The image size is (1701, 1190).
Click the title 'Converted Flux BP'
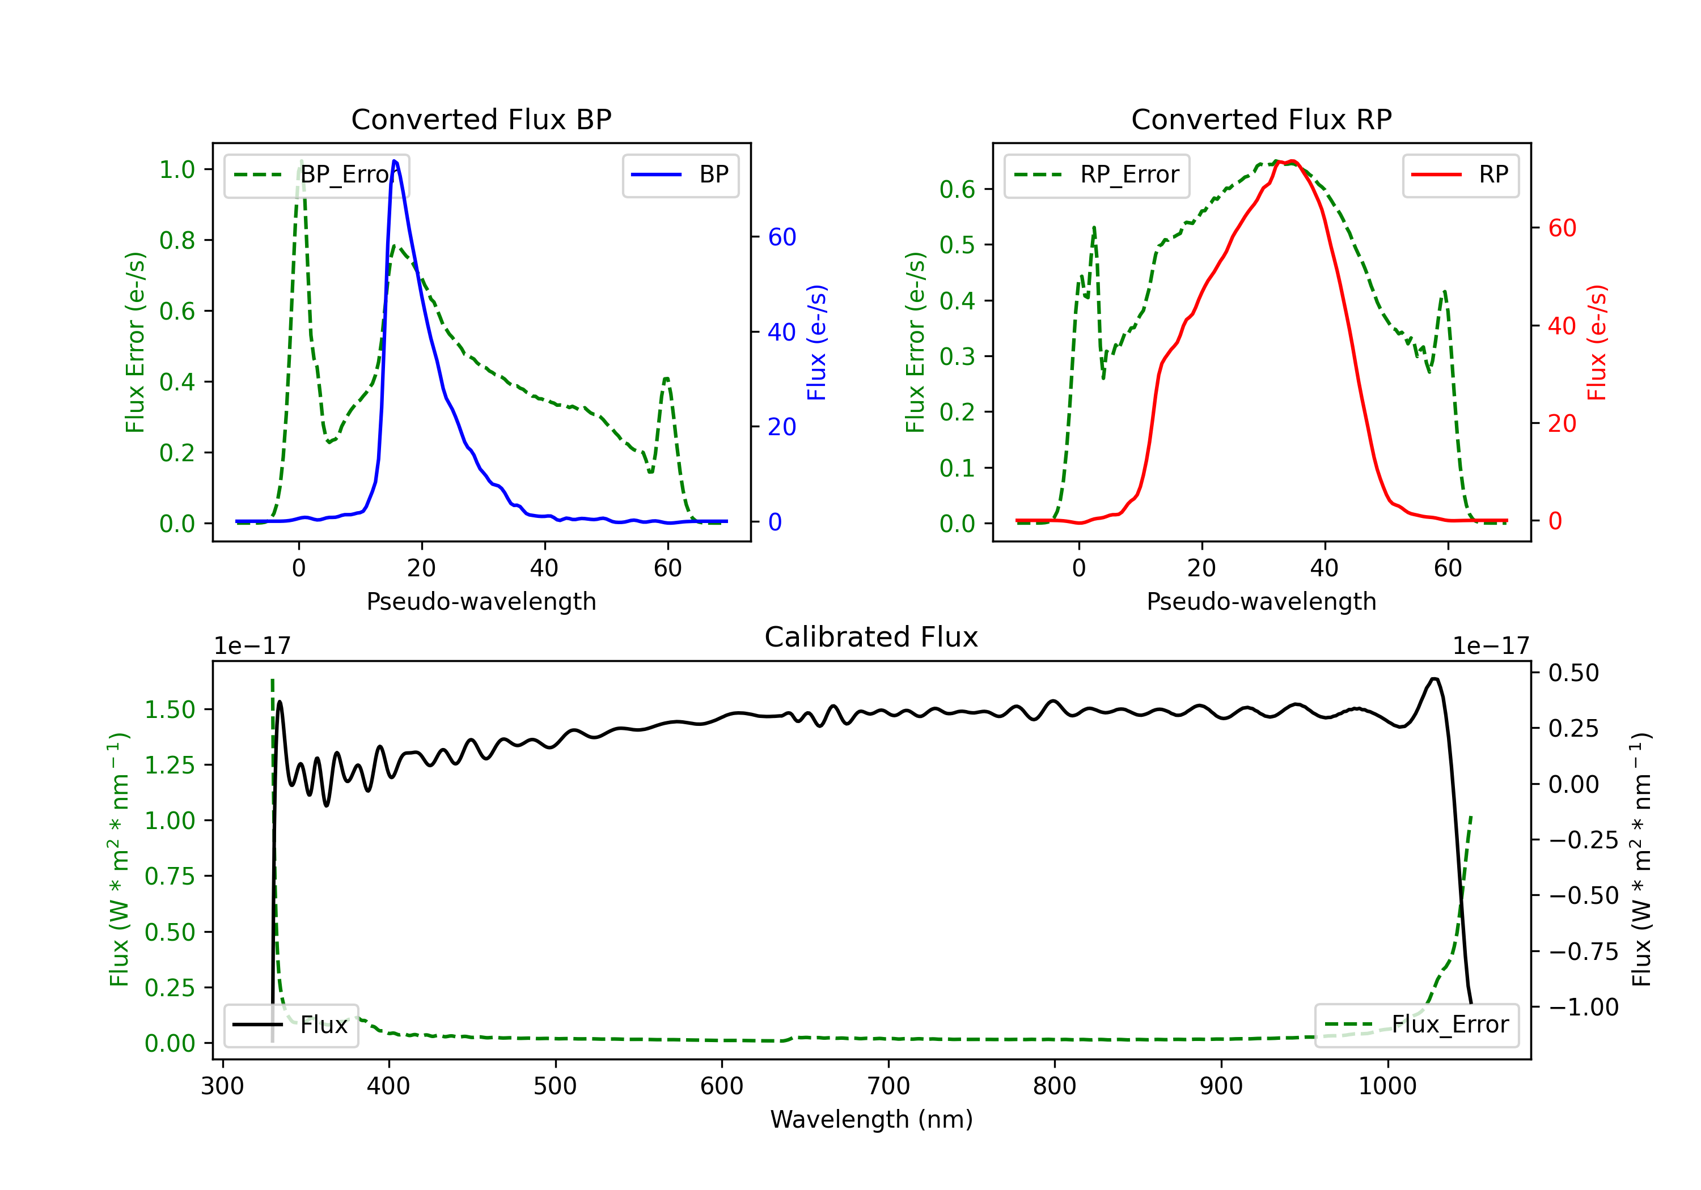[x=481, y=119]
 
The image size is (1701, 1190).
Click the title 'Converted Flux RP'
[x=1261, y=119]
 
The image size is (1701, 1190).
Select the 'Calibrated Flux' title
[x=871, y=637]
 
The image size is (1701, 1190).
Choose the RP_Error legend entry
[x=1097, y=176]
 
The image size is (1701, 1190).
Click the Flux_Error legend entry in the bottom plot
[x=1416, y=1025]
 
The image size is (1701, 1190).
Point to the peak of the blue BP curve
[x=394, y=161]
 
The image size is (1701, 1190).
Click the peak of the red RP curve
[x=1290, y=161]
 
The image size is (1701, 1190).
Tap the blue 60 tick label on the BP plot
[x=782, y=237]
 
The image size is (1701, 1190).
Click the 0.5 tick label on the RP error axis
[x=957, y=245]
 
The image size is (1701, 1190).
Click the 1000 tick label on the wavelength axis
[x=1387, y=1086]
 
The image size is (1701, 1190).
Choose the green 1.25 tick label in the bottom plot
[x=170, y=765]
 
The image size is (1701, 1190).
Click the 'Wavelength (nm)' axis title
[x=871, y=1119]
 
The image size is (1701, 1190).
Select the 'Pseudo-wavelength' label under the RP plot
[x=1261, y=601]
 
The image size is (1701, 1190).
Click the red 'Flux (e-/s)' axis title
[x=1597, y=343]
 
